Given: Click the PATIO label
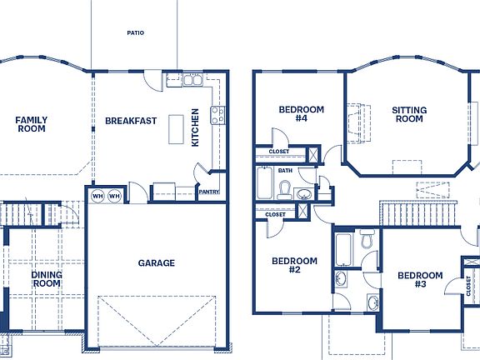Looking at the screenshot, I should pos(135,33).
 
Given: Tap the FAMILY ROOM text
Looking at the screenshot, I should pos(32,124).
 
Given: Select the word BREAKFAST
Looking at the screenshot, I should pos(131,121).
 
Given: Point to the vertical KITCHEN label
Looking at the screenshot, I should pos(196,127).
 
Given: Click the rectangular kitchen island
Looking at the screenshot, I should pos(175,129).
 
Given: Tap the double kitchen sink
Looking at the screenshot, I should pos(192,81).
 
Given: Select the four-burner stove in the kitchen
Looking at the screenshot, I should pos(217,115).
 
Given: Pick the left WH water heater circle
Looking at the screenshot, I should pos(97,196).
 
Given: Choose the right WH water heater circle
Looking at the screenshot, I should pos(114,196).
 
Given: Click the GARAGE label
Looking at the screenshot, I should pos(156,263).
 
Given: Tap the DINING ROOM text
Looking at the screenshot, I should pos(47,278).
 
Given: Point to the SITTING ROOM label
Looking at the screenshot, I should pos(409,114).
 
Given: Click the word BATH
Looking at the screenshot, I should pos(286,171).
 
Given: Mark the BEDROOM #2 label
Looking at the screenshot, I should pos(294,265).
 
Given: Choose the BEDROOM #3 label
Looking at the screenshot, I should pos(419,280).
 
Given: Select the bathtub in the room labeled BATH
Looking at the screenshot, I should pos(264,183).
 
